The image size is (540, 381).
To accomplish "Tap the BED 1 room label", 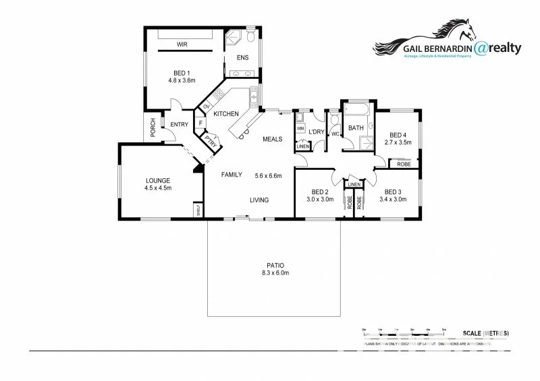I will tap(182, 73).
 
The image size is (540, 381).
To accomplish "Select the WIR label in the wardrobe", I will tap(182, 45).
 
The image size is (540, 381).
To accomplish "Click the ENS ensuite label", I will tap(242, 57).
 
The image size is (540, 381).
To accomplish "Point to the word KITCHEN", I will tap(227, 114).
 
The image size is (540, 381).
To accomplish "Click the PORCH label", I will tap(153, 128).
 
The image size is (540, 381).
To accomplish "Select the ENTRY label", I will tap(179, 124).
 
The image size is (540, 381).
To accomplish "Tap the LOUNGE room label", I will tap(157, 180).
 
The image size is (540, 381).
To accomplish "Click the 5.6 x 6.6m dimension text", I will tap(268, 176).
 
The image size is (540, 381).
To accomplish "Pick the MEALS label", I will tap(273, 139).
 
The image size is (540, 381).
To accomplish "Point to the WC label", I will tap(334, 134).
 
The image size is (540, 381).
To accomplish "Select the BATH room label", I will tap(356, 127).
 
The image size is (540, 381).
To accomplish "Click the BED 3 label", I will tap(393, 192).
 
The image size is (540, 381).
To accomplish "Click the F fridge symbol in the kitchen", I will tap(200, 123).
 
